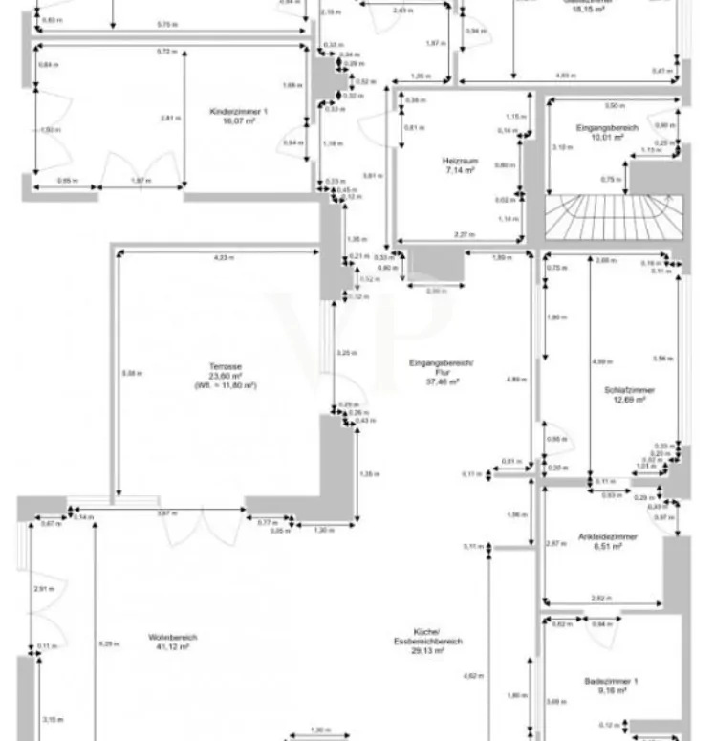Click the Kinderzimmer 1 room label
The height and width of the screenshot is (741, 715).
(x=238, y=112)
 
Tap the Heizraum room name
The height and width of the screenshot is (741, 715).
(x=459, y=162)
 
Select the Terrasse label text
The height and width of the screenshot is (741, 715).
(x=225, y=366)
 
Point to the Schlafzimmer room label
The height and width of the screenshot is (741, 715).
(x=629, y=390)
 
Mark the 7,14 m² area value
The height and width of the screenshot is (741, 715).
(x=459, y=171)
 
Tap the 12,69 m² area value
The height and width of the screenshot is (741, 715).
(x=630, y=400)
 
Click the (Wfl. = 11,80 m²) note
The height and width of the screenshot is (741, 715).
(x=225, y=384)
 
